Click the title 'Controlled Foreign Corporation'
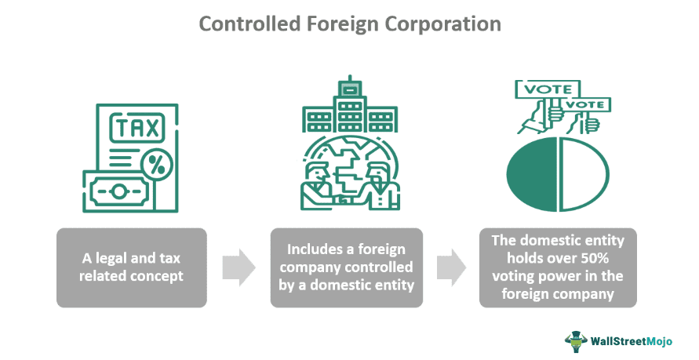pos(350,24)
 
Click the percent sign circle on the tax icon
pos(157,164)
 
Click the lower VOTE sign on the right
pos(587,104)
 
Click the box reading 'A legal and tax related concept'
pos(131,267)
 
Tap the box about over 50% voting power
pos(558,267)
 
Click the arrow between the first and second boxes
pos(238,267)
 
